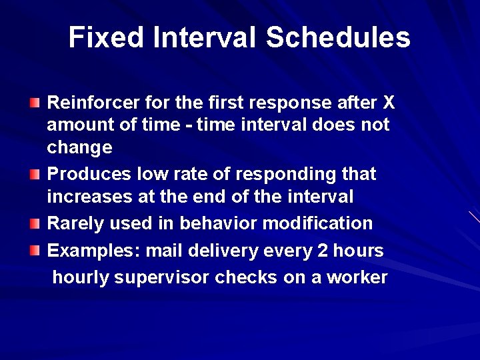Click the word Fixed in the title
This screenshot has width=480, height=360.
105,38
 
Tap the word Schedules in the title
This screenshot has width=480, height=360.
338,38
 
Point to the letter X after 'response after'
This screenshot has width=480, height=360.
389,103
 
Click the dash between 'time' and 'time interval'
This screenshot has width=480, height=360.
190,125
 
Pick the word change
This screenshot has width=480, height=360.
79,147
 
